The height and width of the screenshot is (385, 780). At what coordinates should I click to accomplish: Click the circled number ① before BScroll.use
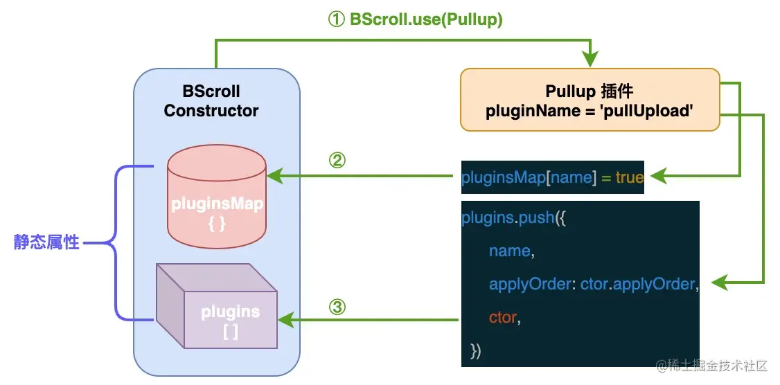coord(336,19)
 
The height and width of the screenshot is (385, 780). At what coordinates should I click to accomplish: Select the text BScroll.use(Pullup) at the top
coord(426,19)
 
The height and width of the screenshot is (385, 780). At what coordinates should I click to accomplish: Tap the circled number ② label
coord(337,160)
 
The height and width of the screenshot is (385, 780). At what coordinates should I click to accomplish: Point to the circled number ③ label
coord(337,307)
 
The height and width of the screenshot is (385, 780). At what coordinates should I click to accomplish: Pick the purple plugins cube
coord(216,306)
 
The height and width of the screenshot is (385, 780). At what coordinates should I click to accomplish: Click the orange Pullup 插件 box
coord(590,100)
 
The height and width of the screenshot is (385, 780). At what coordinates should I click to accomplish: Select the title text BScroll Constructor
coord(211,101)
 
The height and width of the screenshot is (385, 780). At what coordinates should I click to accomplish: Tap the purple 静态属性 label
coord(46,243)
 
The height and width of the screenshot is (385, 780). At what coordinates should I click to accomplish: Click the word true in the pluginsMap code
coord(629,177)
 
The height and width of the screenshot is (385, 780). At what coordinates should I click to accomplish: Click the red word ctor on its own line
coord(502,317)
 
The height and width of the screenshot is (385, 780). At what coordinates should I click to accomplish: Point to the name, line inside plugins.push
coord(511,251)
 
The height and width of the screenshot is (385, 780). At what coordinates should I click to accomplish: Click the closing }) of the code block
coord(476,351)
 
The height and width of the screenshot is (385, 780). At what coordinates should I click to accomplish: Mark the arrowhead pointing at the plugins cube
coord(285,320)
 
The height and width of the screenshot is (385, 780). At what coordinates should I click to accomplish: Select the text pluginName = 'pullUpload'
coord(590,110)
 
